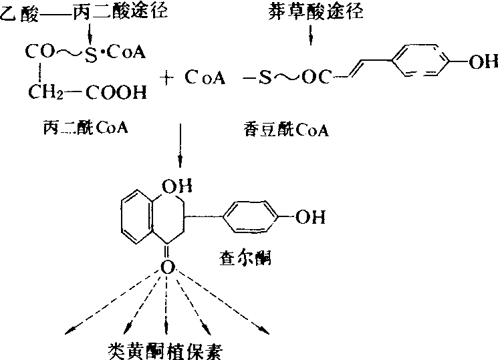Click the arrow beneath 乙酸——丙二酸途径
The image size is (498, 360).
(90, 33)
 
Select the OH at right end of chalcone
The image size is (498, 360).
(310, 216)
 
